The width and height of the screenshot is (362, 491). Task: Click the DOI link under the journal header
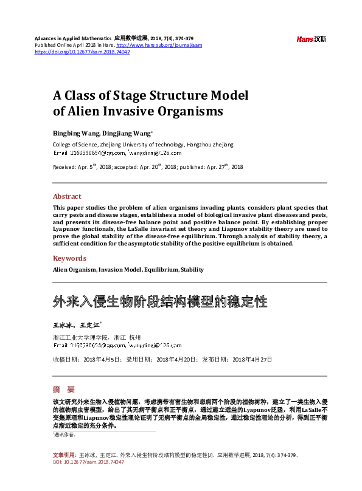click(83, 52)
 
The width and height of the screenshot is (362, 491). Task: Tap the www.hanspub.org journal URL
click(159, 46)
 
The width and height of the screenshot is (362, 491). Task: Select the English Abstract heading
click(67, 196)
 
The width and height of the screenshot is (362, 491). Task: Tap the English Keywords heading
click(69, 258)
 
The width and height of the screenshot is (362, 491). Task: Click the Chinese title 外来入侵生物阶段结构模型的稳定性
click(159, 301)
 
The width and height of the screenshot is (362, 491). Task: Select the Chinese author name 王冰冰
click(62, 325)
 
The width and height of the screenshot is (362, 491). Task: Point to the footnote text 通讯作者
click(66, 435)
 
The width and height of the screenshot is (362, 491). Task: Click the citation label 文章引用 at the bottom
click(64, 455)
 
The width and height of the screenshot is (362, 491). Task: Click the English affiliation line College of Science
click(142, 145)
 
